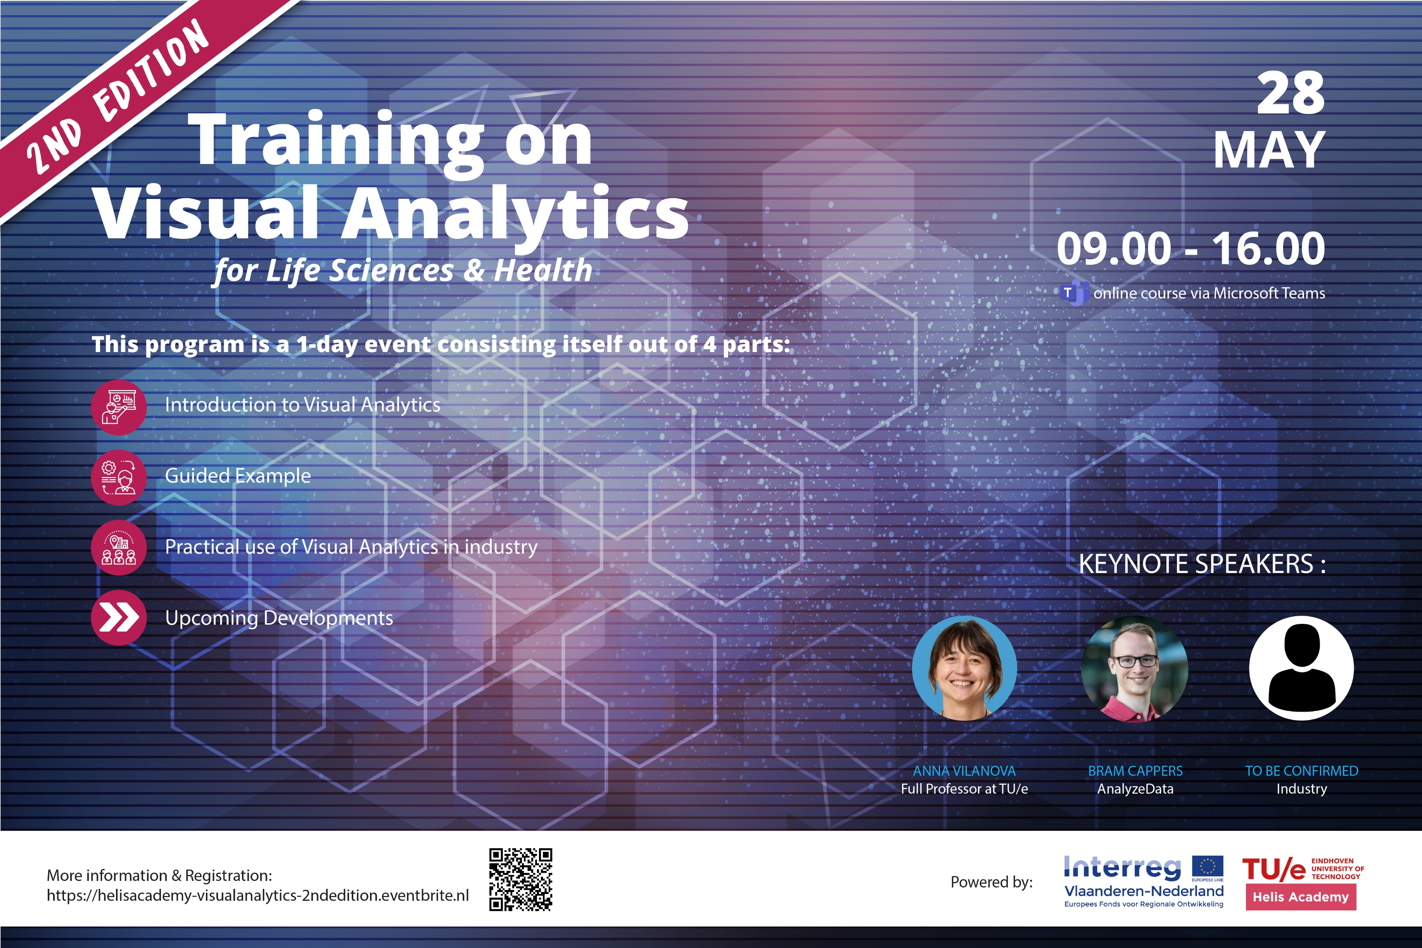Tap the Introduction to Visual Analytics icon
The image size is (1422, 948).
[119, 408]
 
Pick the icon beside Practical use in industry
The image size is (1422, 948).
[119, 548]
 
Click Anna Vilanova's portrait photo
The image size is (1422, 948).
[964, 668]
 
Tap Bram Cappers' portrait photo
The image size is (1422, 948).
[1134, 668]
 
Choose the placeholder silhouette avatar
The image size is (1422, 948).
[1301, 668]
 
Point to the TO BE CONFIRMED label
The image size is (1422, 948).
[1302, 771]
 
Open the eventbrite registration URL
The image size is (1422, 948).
[257, 895]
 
